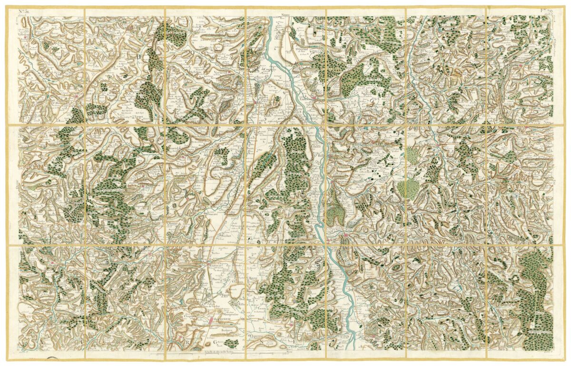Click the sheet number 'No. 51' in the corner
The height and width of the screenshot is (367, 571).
pyautogui.click(x=23, y=11)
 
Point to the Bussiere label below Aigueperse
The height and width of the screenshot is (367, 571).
pyautogui.click(x=219, y=329)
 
